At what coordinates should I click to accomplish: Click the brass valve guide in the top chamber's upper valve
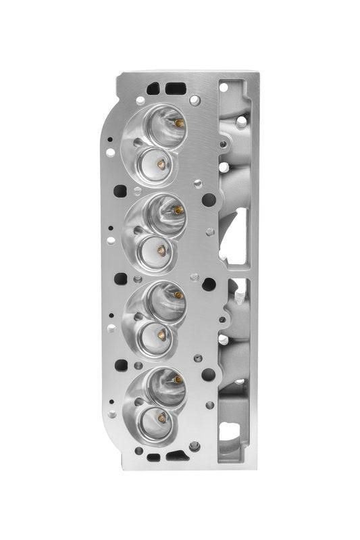(x=179, y=123)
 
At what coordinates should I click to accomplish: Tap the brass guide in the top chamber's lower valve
(x=161, y=163)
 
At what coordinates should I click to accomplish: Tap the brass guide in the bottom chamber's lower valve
(x=162, y=418)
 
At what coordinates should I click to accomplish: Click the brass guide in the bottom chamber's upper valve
(x=178, y=380)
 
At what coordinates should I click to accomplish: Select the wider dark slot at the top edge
(x=175, y=87)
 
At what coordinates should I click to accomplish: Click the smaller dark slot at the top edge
(x=154, y=87)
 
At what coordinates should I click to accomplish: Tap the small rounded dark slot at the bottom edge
(x=153, y=458)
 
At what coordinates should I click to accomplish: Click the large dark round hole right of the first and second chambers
(x=209, y=200)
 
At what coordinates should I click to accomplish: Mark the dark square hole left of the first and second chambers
(x=120, y=191)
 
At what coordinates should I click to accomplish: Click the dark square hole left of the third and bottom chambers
(x=121, y=365)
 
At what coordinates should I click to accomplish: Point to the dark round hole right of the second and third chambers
(x=209, y=285)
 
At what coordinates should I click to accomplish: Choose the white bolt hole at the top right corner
(x=224, y=87)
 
